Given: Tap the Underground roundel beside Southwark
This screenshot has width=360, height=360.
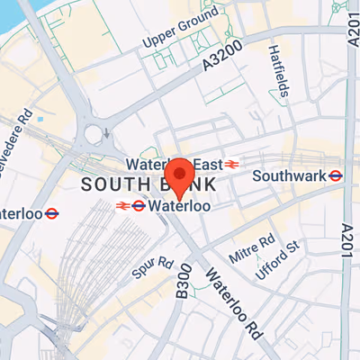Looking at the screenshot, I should [336, 175].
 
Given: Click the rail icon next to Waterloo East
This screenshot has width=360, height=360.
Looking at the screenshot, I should [231, 165].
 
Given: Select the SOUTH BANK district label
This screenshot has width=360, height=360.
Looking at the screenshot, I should [148, 184].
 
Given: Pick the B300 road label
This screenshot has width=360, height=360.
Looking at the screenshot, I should [184, 282].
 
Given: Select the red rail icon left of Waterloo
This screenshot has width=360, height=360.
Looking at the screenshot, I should [121, 206].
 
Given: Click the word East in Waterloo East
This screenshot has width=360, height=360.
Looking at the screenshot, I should [206, 165].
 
